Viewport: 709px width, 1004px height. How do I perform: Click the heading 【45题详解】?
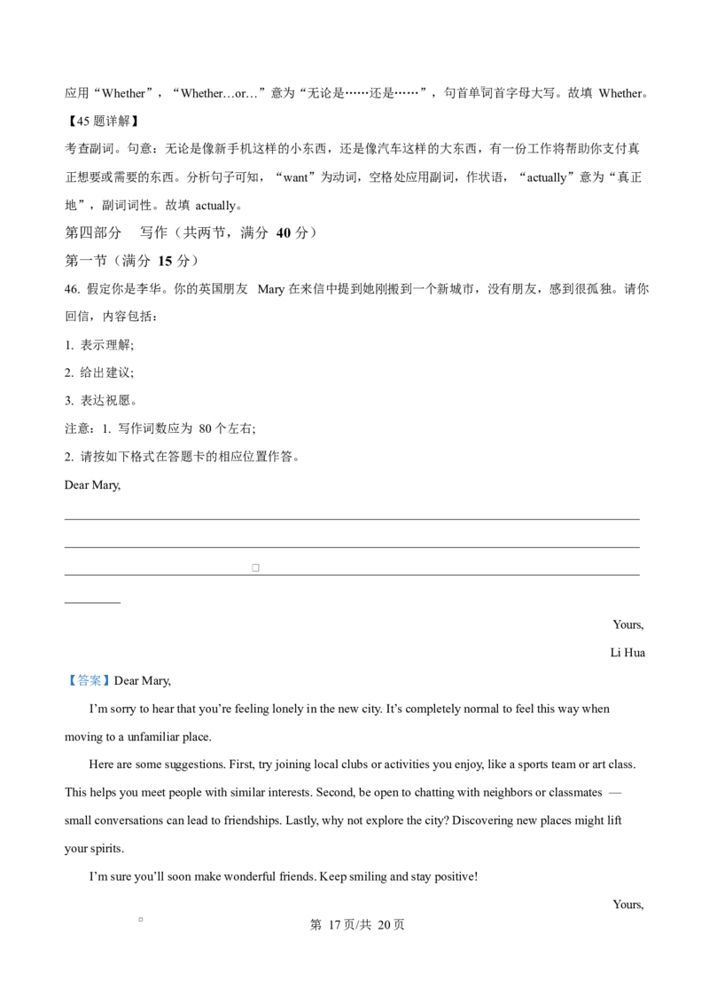point(103,121)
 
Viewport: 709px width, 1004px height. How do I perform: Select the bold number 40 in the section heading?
point(283,233)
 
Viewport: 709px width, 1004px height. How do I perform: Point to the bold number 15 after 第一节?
point(165,262)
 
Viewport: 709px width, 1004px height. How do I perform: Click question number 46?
point(73,289)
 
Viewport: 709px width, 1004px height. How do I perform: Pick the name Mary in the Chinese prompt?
point(270,289)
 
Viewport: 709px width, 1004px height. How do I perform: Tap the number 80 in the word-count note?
point(205,429)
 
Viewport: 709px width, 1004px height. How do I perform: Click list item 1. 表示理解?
point(99,345)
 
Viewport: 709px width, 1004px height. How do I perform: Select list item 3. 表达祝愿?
point(100,401)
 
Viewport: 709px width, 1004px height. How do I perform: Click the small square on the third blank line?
point(255,568)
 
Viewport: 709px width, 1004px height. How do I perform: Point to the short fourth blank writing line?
point(92,602)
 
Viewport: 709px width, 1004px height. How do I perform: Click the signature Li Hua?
point(627,653)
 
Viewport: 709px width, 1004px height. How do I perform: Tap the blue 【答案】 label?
point(88,680)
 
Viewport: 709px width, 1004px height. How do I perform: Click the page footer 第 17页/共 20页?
point(357,925)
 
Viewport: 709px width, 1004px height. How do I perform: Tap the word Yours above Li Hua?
point(628,625)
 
